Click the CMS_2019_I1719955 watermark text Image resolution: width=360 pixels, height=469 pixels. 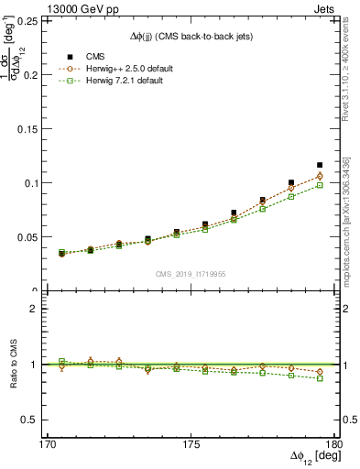pos(191,273)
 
